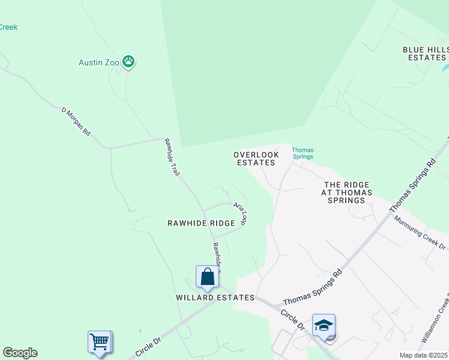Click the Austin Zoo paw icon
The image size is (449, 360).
coord(128,61)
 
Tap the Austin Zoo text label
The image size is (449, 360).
coord(98,62)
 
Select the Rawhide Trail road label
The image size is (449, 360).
coord(173,157)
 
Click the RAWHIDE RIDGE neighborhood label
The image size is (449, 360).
coord(201,223)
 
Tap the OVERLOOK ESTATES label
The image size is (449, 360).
coord(256,158)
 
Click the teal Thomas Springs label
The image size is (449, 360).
coord(303,153)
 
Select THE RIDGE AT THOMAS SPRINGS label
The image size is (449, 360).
coord(347,193)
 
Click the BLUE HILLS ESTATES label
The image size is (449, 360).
coord(426,53)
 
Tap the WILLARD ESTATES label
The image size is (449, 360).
coord(215,298)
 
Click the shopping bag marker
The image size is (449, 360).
coord(207,277)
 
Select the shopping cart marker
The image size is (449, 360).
coord(100,342)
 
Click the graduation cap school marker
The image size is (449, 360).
coord(324,326)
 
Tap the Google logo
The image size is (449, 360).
coord(20,353)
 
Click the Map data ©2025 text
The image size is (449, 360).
coord(423,355)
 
